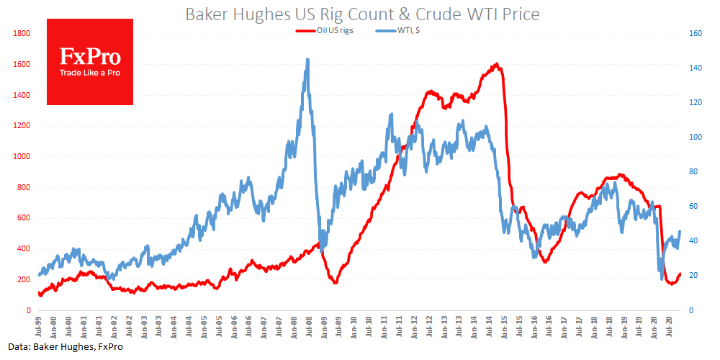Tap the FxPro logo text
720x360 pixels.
coord(90,56)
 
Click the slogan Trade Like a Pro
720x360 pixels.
coord(90,73)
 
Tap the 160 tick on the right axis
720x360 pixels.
coord(695,33)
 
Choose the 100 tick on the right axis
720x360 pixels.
coord(695,137)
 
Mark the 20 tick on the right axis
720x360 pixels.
coord(693,275)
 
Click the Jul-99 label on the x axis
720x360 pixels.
coord(40,328)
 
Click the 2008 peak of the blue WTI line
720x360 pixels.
coord(308,60)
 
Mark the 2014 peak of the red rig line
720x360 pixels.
coord(497,64)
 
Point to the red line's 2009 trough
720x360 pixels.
coord(335,283)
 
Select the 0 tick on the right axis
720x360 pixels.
coord(690,310)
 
